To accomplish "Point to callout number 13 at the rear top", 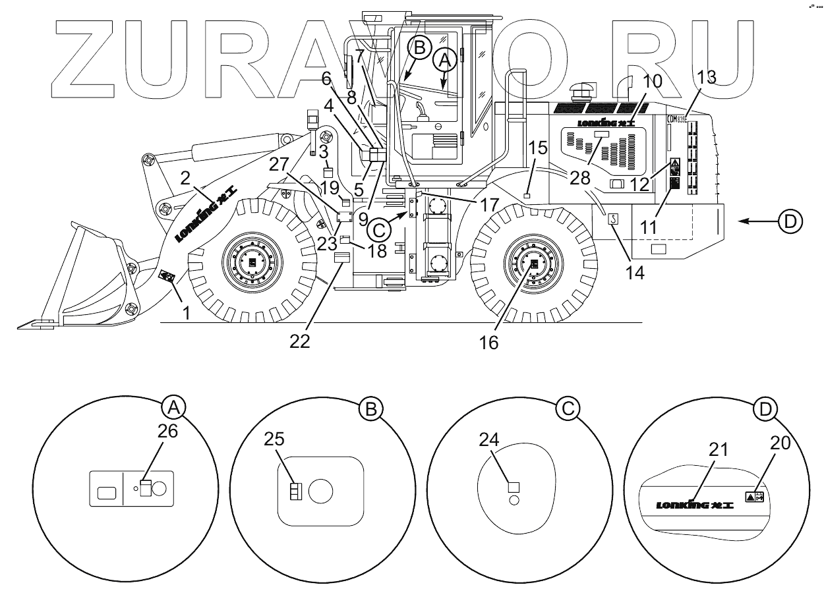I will click(705, 78).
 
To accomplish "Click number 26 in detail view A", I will click(168, 431).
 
